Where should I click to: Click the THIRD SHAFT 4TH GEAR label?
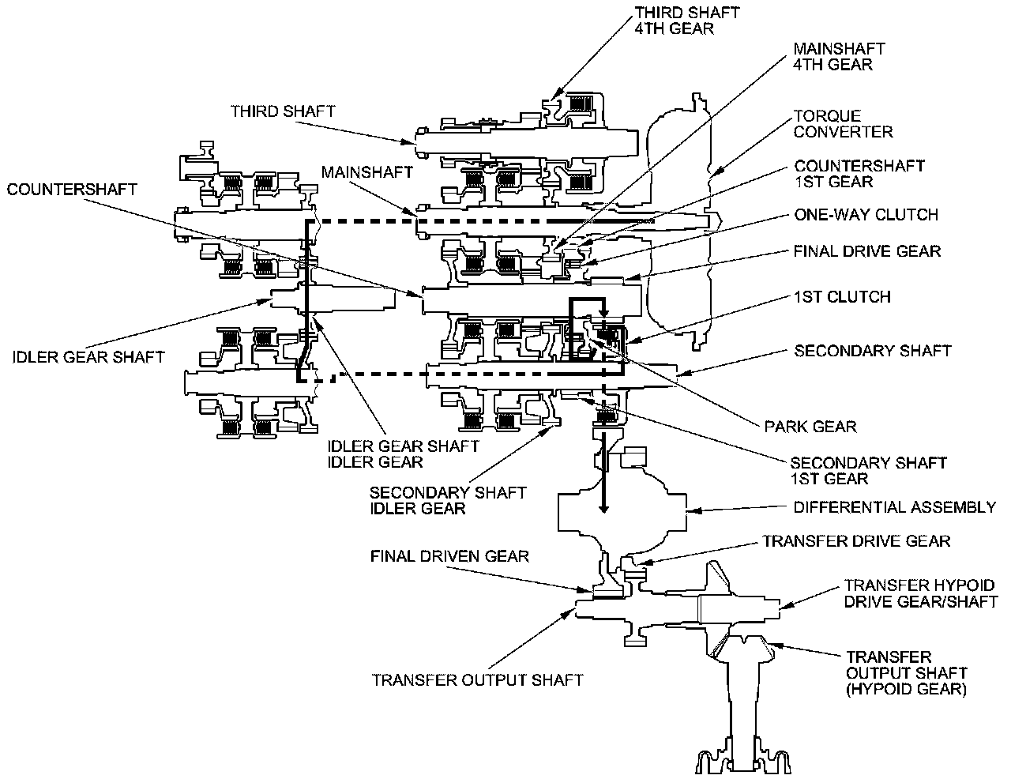tap(686, 21)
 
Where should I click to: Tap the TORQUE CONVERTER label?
tap(843, 124)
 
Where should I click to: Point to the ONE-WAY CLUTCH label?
tap(866, 215)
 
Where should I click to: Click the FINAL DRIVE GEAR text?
tap(866, 251)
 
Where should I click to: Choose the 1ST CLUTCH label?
tap(842, 297)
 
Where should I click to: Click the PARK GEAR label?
tap(810, 427)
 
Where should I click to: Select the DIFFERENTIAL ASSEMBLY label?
tap(894, 506)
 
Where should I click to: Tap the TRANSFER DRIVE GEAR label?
tap(856, 540)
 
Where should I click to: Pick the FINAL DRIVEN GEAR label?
tap(449, 556)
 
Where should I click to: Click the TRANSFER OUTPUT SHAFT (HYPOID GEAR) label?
tap(906, 673)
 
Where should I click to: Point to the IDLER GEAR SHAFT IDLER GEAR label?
tap(403, 454)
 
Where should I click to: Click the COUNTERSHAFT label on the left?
tap(72, 190)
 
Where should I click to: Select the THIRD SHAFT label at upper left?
tap(283, 111)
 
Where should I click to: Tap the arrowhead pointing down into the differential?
tap(603, 507)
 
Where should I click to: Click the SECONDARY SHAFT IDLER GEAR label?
tap(448, 500)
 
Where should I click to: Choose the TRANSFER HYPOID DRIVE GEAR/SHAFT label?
tap(921, 593)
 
